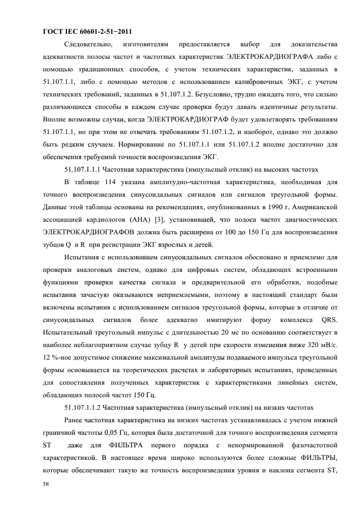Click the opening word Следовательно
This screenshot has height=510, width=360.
coord(89,43)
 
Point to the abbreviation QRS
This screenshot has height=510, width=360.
coord(328,319)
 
